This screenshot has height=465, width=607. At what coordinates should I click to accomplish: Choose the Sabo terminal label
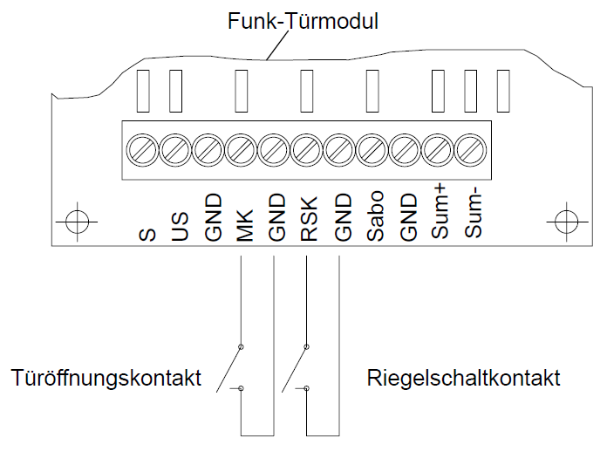coord(375,220)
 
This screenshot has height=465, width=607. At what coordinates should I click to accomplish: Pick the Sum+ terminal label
coord(440,218)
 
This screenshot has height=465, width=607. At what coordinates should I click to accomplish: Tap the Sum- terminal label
coord(473,218)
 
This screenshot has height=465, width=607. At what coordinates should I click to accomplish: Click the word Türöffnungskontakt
coord(106,379)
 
